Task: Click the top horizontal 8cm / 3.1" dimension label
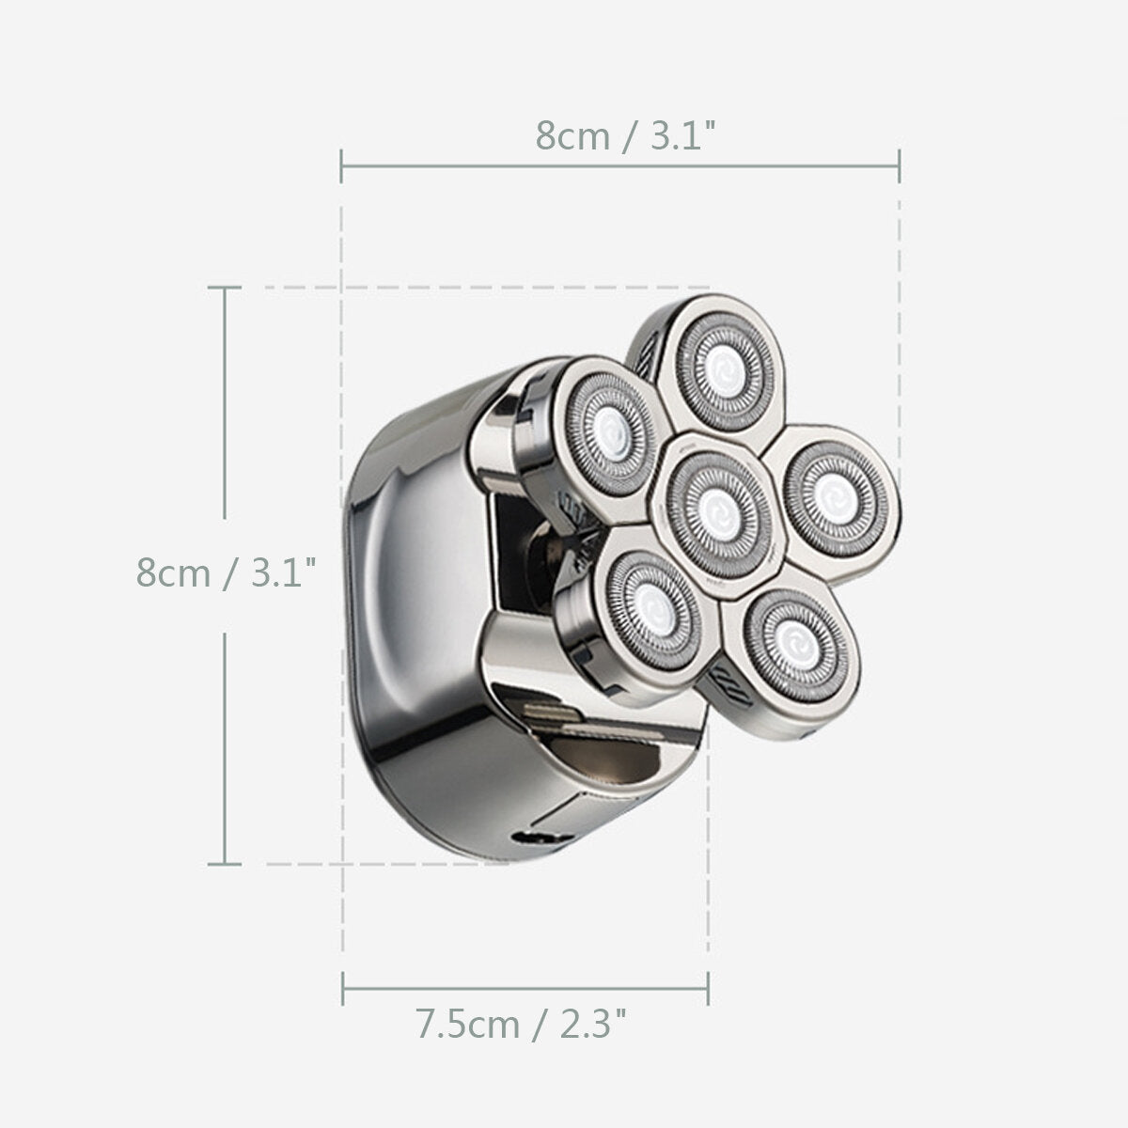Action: point(626,135)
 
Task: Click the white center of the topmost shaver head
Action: point(726,371)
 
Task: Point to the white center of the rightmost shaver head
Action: point(834,499)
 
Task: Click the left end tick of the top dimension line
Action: point(341,166)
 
